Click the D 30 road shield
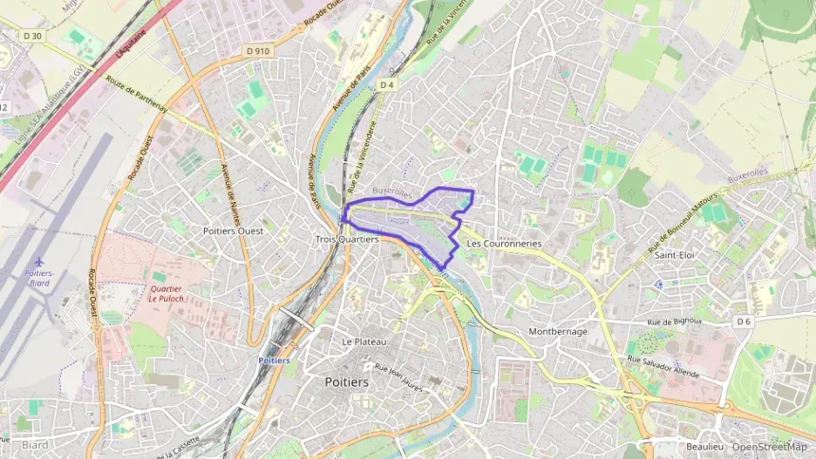tap(33, 36)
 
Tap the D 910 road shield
tap(259, 51)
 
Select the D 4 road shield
tap(388, 84)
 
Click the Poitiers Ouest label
tap(233, 231)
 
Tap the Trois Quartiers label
tap(347, 239)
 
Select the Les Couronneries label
tap(504, 244)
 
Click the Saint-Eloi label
tap(674, 255)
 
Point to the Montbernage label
tap(558, 332)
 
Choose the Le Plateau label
tap(364, 341)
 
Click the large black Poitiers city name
tap(346, 381)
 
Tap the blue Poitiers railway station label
tap(274, 361)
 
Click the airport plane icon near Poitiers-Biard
tap(37, 261)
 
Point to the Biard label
tap(35, 445)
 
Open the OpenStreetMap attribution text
tap(769, 447)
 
